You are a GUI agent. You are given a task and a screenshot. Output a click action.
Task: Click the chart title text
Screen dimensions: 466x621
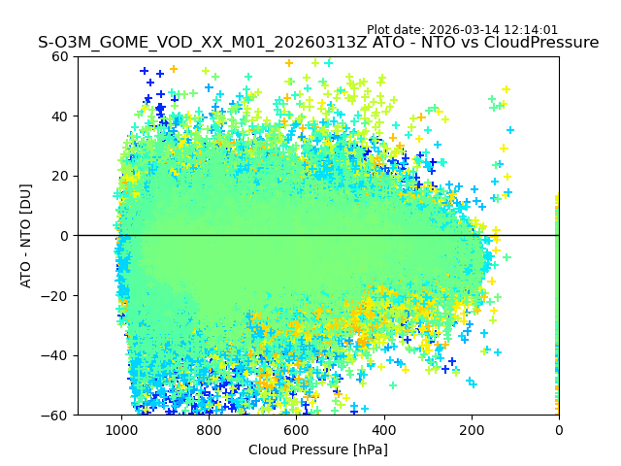(x=318, y=43)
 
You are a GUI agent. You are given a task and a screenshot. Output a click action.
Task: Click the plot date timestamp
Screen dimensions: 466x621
(x=462, y=30)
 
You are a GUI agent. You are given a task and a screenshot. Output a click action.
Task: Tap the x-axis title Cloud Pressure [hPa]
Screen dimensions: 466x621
(x=318, y=449)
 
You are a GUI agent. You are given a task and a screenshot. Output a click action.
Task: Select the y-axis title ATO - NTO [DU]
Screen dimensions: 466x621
(x=26, y=236)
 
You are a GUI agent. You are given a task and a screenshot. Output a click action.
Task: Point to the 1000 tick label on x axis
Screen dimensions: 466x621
(x=121, y=429)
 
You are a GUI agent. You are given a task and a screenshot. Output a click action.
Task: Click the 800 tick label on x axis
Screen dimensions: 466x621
(x=209, y=429)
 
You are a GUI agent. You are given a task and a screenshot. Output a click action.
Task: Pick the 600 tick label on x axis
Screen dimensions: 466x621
(x=296, y=429)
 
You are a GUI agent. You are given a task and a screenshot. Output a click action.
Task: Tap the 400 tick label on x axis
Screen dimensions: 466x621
(x=383, y=429)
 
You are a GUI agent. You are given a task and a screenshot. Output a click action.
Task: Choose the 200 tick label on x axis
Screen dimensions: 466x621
(x=472, y=429)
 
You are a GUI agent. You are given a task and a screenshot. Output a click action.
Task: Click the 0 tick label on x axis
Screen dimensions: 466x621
(x=559, y=429)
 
